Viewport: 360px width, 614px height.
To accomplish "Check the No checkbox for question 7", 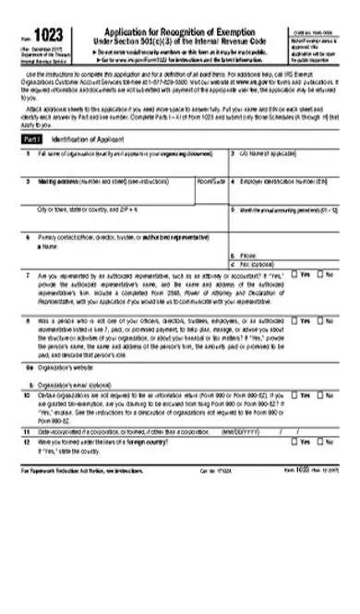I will click(320, 274).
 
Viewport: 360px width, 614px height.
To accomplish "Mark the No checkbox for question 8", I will click(320, 321).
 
